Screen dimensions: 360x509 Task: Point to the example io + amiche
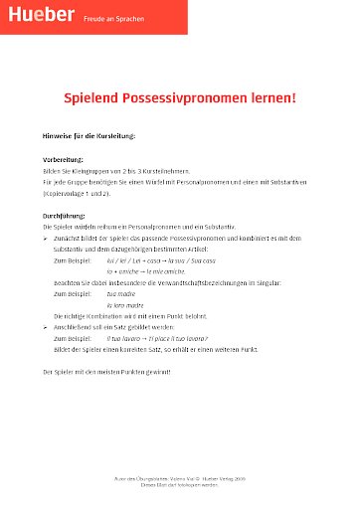pos(123,271)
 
